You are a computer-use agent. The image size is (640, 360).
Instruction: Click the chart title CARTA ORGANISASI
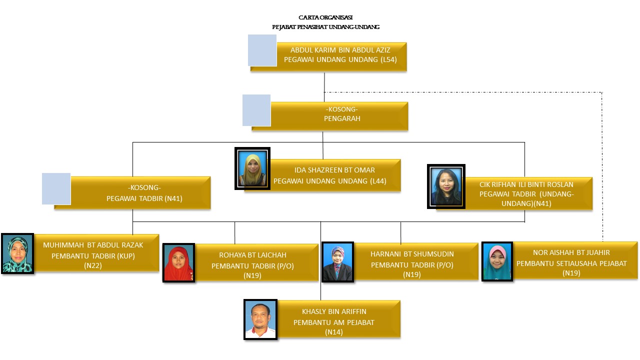tap(325, 17)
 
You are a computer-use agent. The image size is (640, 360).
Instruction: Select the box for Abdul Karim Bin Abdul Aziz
tap(340, 55)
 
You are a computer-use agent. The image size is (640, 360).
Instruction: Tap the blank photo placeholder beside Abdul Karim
tap(262, 50)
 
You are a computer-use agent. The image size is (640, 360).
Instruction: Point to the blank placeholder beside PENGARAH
tap(256, 110)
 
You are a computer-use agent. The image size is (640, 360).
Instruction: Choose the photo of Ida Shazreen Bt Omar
tap(252, 168)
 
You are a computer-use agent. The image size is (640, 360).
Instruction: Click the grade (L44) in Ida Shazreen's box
tap(378, 180)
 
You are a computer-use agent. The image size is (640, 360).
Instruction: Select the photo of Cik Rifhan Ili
tap(446, 186)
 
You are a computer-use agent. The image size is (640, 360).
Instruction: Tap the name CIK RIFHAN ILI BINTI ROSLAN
tap(526, 184)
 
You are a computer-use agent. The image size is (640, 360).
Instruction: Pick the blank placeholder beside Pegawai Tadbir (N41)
tap(56, 188)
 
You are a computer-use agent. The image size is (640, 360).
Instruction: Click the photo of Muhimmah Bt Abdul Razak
tap(17, 253)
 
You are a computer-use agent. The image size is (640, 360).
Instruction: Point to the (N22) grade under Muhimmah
tap(93, 265)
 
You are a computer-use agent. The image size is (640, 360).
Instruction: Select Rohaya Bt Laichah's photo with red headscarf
tap(178, 263)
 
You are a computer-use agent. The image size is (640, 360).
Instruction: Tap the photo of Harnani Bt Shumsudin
tap(337, 262)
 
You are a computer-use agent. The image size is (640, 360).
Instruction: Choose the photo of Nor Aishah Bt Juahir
tap(497, 261)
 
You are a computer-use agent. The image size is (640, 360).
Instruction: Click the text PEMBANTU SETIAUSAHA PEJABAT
tap(571, 263)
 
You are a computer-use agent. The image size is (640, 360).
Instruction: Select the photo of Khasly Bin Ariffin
tap(260, 319)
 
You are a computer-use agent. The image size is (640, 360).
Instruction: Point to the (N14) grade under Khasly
tap(333, 332)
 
